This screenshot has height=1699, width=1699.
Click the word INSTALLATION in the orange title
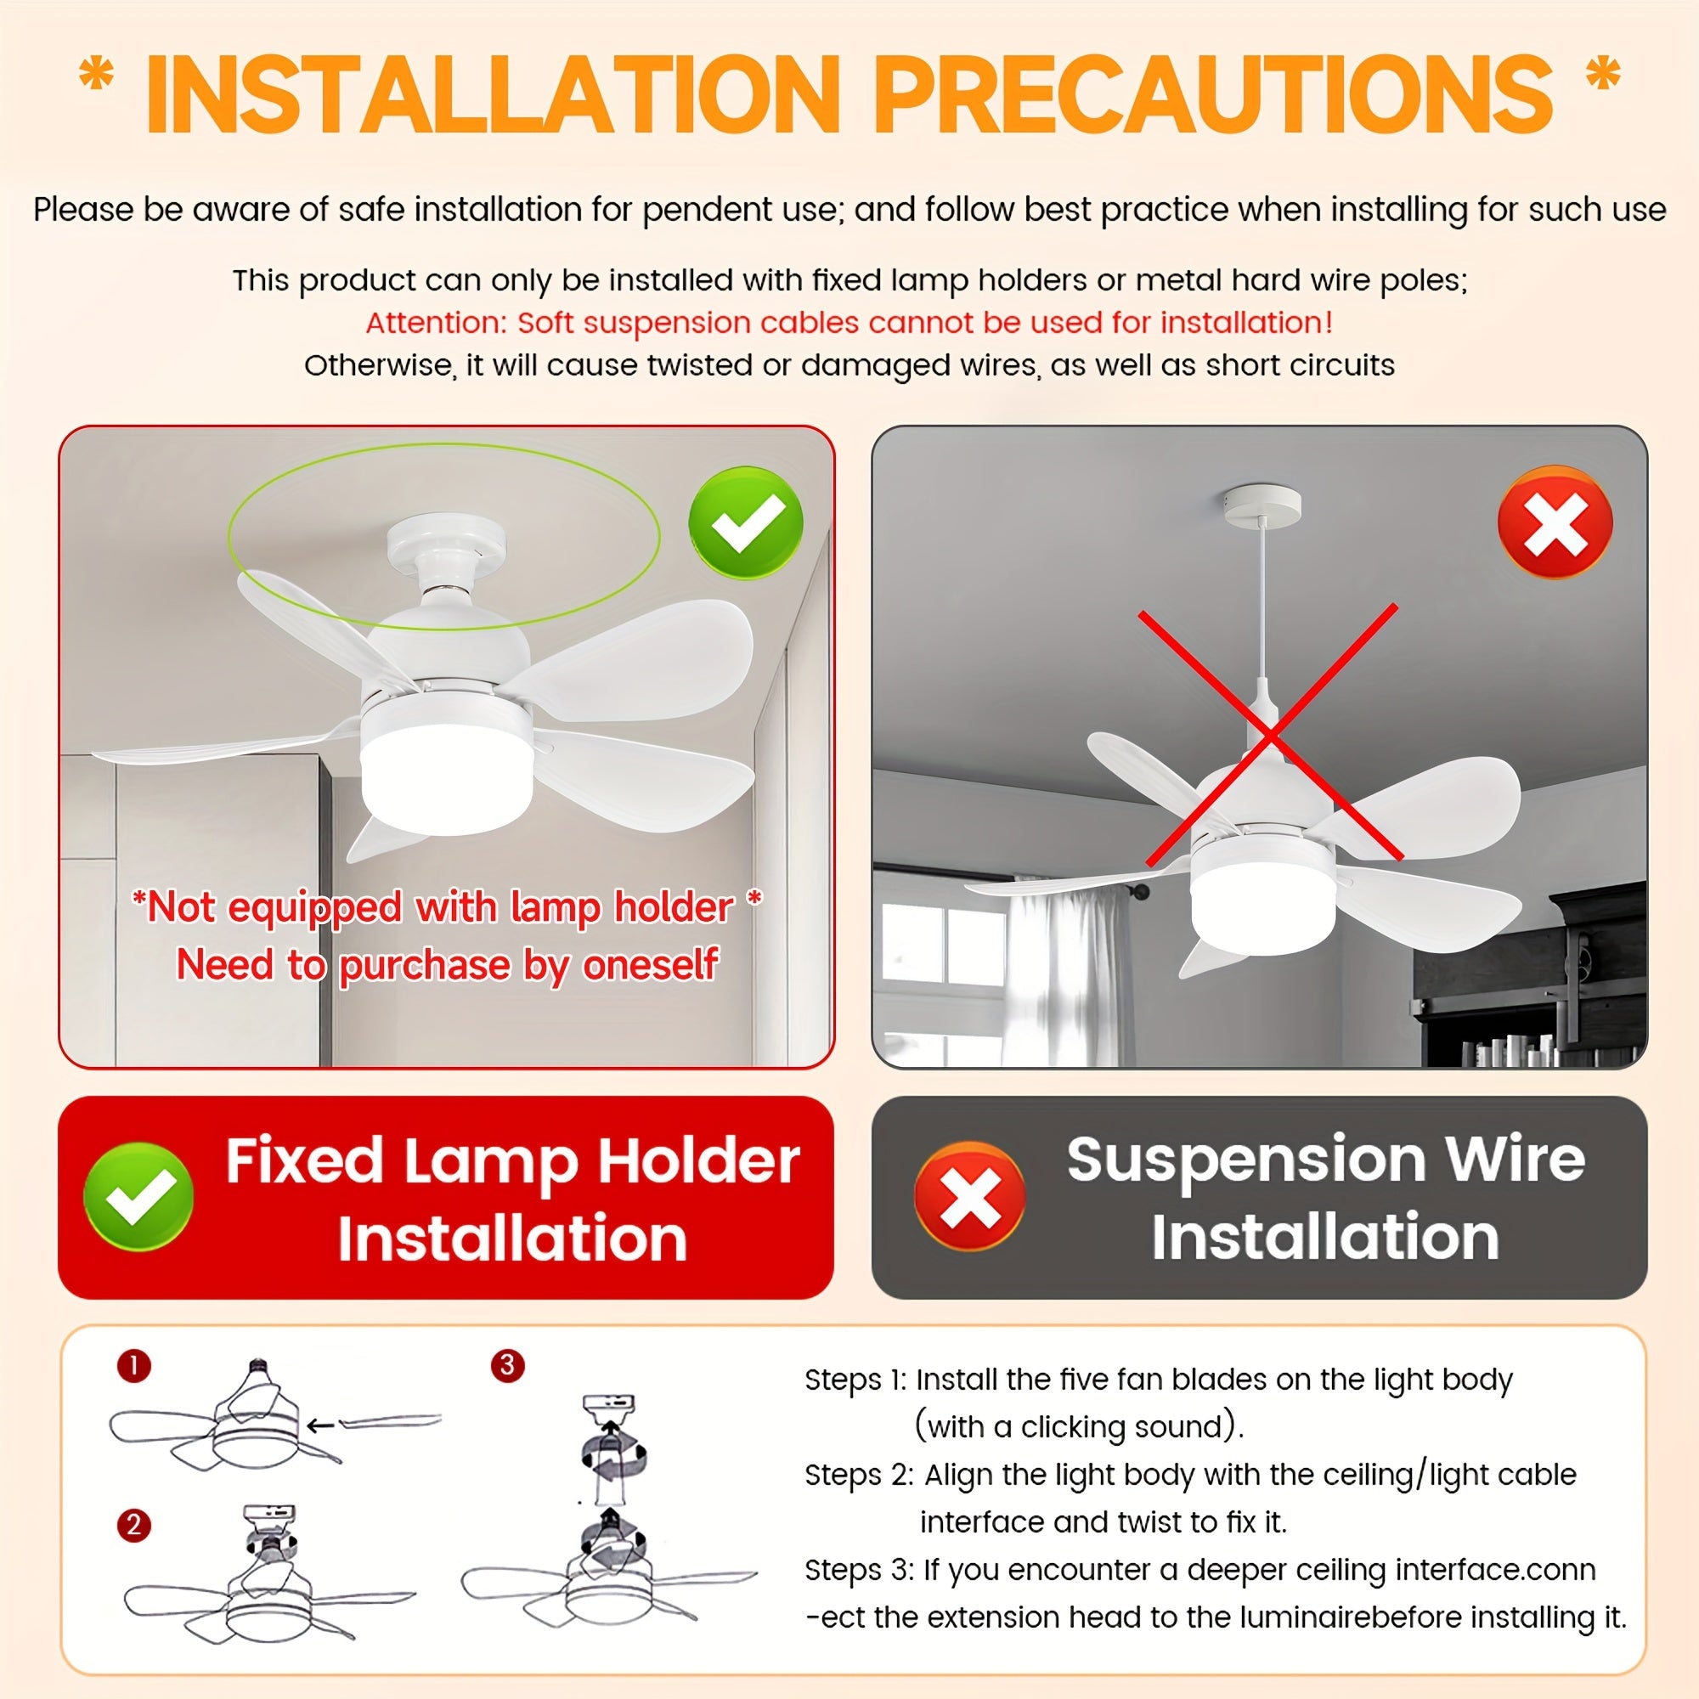pyautogui.click(x=494, y=96)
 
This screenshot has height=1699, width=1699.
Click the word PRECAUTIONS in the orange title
pyautogui.click(x=1215, y=96)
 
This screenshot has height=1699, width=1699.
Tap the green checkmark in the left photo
pyautogui.click(x=746, y=522)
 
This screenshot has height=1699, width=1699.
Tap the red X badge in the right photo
pyautogui.click(x=1555, y=522)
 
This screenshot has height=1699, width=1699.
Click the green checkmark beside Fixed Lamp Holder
pyautogui.click(x=138, y=1197)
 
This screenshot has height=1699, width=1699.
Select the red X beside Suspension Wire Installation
pyautogui.click(x=970, y=1197)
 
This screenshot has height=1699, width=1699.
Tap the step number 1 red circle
pyautogui.click(x=133, y=1366)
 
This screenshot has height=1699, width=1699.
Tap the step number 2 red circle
pyautogui.click(x=133, y=1524)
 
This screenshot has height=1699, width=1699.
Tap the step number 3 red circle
pyautogui.click(x=507, y=1366)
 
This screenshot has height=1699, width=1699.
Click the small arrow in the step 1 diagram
pyautogui.click(x=322, y=1425)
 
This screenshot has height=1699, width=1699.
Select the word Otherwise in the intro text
pyautogui.click(x=379, y=365)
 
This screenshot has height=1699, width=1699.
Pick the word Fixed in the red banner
pyautogui.click(x=304, y=1160)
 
